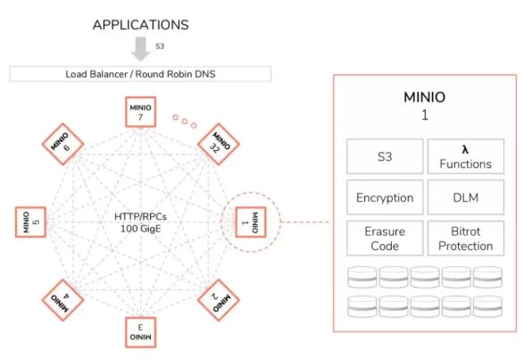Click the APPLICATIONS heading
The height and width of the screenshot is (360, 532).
(x=141, y=25)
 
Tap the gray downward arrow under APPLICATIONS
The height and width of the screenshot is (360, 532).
(x=141, y=49)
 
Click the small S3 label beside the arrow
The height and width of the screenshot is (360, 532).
(x=160, y=46)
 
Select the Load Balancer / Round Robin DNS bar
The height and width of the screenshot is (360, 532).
(x=140, y=74)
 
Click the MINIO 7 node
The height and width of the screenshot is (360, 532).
(x=140, y=112)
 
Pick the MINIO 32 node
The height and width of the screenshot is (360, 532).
(x=219, y=145)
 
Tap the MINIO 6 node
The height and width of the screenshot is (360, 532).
(x=63, y=145)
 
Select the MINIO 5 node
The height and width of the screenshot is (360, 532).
(x=30, y=222)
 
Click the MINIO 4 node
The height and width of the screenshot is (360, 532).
(x=63, y=300)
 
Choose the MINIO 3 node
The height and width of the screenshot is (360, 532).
(x=140, y=332)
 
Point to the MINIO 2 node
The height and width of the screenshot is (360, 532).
(x=219, y=300)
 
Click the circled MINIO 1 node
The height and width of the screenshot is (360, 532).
(x=251, y=222)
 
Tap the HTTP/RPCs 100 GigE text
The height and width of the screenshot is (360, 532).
(x=140, y=222)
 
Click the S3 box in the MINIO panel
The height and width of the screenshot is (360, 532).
(x=385, y=156)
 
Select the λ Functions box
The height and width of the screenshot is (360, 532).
(x=466, y=156)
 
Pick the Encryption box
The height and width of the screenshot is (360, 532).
(x=385, y=197)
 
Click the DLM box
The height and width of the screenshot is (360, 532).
(x=466, y=197)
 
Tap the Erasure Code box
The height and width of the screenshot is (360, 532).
(x=385, y=239)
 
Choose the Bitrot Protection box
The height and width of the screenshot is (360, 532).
(x=466, y=239)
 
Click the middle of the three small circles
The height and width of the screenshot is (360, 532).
(x=185, y=121)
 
